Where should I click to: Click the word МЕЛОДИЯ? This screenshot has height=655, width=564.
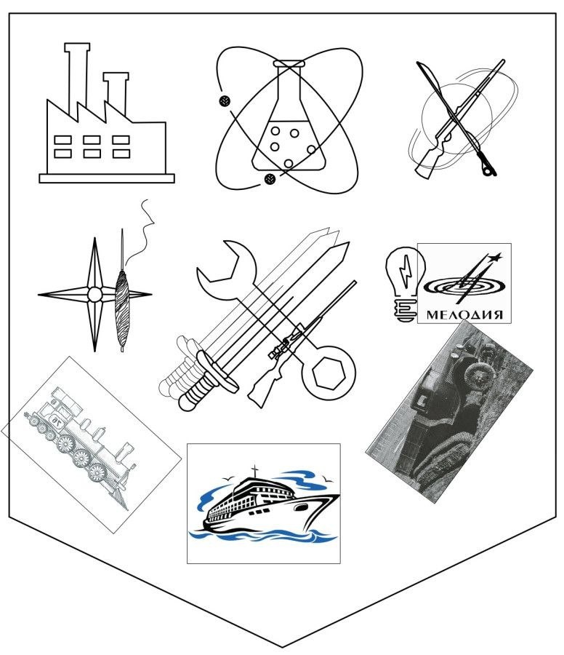(x=464, y=314)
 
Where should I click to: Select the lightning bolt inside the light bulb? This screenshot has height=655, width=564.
(x=405, y=271)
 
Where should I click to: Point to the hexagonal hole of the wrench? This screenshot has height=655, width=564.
(x=329, y=373)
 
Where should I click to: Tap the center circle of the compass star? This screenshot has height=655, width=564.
(x=94, y=295)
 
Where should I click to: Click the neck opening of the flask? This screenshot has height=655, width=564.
(x=289, y=64)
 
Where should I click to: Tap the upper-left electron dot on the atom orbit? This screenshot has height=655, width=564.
(x=224, y=100)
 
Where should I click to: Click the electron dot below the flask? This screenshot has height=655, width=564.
(x=270, y=179)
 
